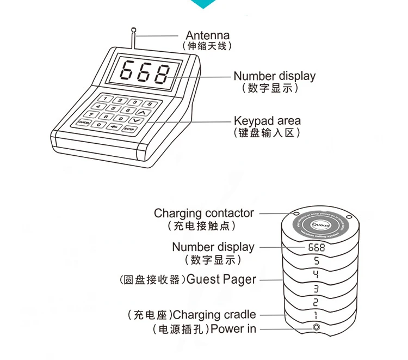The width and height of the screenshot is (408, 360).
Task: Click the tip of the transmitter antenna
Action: (x=133, y=29)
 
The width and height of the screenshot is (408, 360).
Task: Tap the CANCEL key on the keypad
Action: (x=83, y=123)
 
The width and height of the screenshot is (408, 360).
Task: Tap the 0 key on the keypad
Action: (x=98, y=125)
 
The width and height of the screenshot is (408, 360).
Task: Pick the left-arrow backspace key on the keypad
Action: (x=114, y=127)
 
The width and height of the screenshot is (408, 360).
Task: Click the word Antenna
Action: (x=207, y=35)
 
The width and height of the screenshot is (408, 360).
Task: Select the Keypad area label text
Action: (x=267, y=120)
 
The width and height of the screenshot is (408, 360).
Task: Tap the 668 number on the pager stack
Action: (x=317, y=247)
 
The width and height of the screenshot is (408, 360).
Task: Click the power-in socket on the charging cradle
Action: (x=317, y=328)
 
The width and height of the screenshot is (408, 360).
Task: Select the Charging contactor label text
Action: (x=203, y=213)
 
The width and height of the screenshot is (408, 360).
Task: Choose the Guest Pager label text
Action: (x=221, y=279)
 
